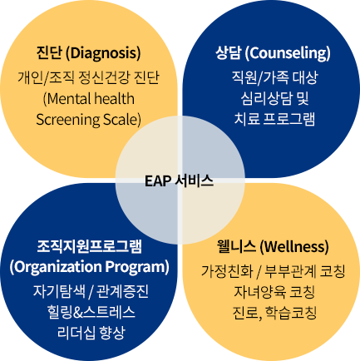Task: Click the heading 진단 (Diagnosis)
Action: (x=88, y=53)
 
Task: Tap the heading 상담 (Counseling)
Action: (x=273, y=53)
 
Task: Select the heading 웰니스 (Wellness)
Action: (x=273, y=246)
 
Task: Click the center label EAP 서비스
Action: (x=179, y=180)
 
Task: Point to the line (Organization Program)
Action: (x=89, y=267)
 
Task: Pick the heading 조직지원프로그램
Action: (x=89, y=246)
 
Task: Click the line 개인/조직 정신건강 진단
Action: (x=88, y=77)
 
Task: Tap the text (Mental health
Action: (x=89, y=99)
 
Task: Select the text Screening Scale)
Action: (x=88, y=120)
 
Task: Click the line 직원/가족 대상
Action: (x=274, y=77)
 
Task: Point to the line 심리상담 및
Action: (x=274, y=98)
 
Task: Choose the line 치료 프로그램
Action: (x=274, y=119)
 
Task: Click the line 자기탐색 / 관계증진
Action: (x=91, y=292)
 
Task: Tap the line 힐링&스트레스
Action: (x=91, y=312)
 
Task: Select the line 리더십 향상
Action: (x=91, y=333)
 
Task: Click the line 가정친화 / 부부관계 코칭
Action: (x=273, y=271)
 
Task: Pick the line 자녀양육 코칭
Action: (x=274, y=292)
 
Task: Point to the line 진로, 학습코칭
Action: (x=274, y=313)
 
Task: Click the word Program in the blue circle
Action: (x=137, y=267)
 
